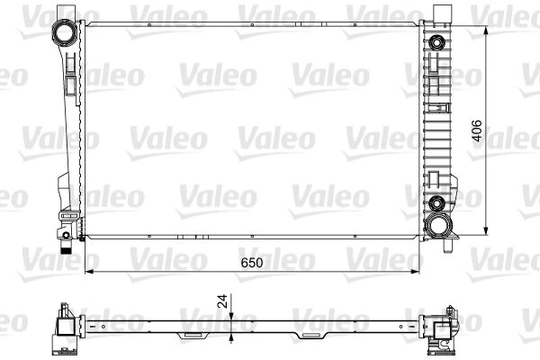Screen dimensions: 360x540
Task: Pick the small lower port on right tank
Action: pos(436,202)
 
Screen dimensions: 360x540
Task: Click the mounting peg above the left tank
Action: pos(64,10)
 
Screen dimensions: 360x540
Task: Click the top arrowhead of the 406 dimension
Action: pos(487,31)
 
